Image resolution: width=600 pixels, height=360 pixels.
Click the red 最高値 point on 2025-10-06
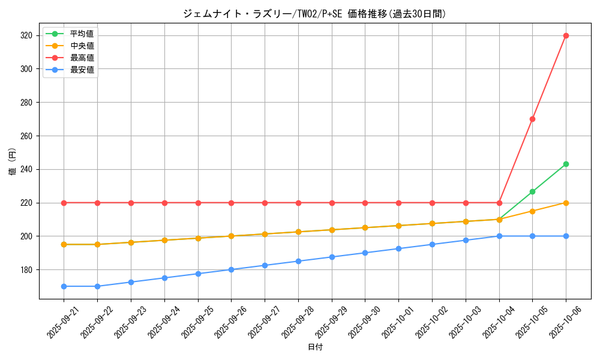[566, 35]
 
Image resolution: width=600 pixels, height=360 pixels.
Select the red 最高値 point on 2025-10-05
[532, 119]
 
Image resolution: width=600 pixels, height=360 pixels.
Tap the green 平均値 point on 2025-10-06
[566, 164]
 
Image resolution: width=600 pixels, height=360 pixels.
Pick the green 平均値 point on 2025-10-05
[532, 191]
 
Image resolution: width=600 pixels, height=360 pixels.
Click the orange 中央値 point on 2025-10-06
[566, 203]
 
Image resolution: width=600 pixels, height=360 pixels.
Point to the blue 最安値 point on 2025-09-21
[64, 286]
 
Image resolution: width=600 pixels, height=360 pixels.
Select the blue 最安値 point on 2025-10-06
[566, 236]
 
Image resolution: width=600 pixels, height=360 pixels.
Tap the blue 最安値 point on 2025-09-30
[365, 253]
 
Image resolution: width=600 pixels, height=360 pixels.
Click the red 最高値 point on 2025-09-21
[64, 203]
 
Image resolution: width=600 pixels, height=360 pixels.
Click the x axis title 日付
[315, 347]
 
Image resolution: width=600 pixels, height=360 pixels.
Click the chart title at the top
[315, 13]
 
